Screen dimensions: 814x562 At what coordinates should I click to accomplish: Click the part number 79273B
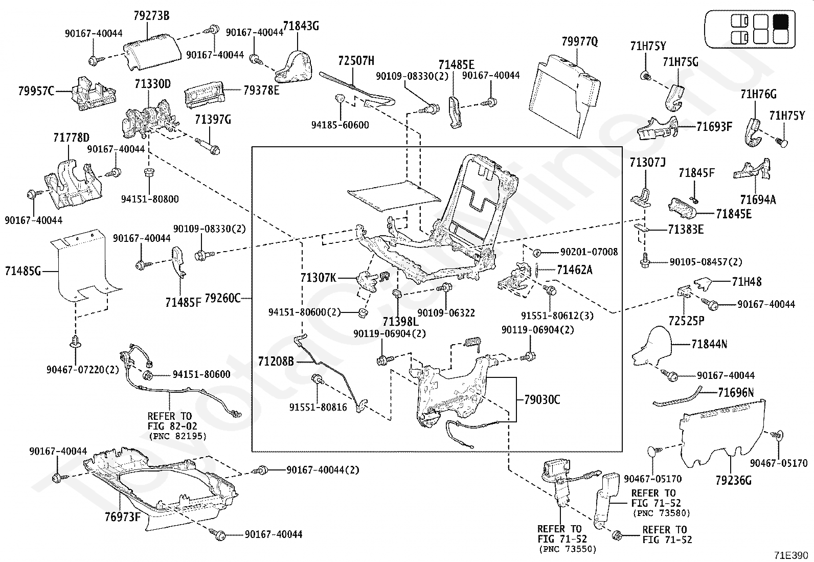[151, 16]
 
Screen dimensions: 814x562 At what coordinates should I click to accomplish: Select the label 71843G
[301, 26]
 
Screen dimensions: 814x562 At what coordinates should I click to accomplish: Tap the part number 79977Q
[580, 42]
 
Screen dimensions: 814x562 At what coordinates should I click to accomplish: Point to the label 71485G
[23, 271]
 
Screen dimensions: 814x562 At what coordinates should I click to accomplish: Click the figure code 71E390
[791, 555]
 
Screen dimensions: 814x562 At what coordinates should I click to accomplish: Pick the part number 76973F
[123, 516]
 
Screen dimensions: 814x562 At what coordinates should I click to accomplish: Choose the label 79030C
[542, 400]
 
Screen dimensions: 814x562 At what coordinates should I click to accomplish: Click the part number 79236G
[733, 481]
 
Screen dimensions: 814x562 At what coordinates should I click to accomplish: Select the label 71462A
[575, 269]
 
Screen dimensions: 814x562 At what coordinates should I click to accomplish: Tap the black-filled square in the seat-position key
[781, 21]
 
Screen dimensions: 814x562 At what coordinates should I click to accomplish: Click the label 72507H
[356, 61]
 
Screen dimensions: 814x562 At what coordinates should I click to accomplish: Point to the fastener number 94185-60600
[340, 125]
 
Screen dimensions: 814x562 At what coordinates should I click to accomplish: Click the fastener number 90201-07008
[589, 252]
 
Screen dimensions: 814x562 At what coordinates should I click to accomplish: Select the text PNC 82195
[178, 436]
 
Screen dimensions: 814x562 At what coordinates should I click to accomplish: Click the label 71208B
[276, 362]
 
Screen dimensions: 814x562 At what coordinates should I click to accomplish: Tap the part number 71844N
[709, 344]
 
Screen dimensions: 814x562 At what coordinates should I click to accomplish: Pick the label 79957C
[36, 91]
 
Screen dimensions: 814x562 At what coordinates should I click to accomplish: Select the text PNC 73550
[568, 549]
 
